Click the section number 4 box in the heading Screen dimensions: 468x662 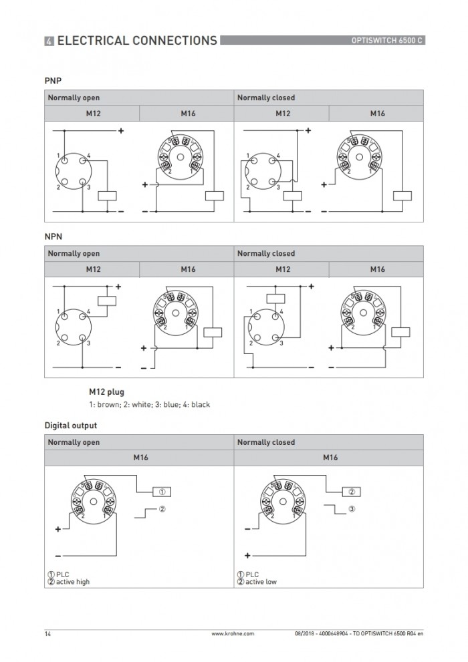click(x=49, y=41)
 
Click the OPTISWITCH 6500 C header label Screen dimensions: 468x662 click(x=386, y=41)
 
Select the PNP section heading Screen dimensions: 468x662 click(x=53, y=81)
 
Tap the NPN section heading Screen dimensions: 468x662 click(x=53, y=236)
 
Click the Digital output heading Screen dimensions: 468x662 click(x=71, y=426)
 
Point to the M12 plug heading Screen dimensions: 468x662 click(x=106, y=392)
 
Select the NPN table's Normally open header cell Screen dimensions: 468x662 click(x=139, y=253)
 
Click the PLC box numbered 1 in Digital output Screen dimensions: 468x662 click(x=162, y=492)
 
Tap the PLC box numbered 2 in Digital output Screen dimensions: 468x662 click(x=352, y=492)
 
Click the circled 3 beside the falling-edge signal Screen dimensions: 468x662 click(x=352, y=509)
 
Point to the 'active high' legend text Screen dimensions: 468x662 click(x=73, y=582)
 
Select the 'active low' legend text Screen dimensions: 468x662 click(x=261, y=582)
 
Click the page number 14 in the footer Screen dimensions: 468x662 click(x=47, y=634)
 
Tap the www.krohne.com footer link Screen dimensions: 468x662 click(x=233, y=634)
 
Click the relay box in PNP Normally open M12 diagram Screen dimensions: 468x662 click(x=107, y=196)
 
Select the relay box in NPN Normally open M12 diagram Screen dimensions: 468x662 click(x=107, y=301)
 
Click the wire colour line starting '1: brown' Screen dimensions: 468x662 click(x=149, y=404)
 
